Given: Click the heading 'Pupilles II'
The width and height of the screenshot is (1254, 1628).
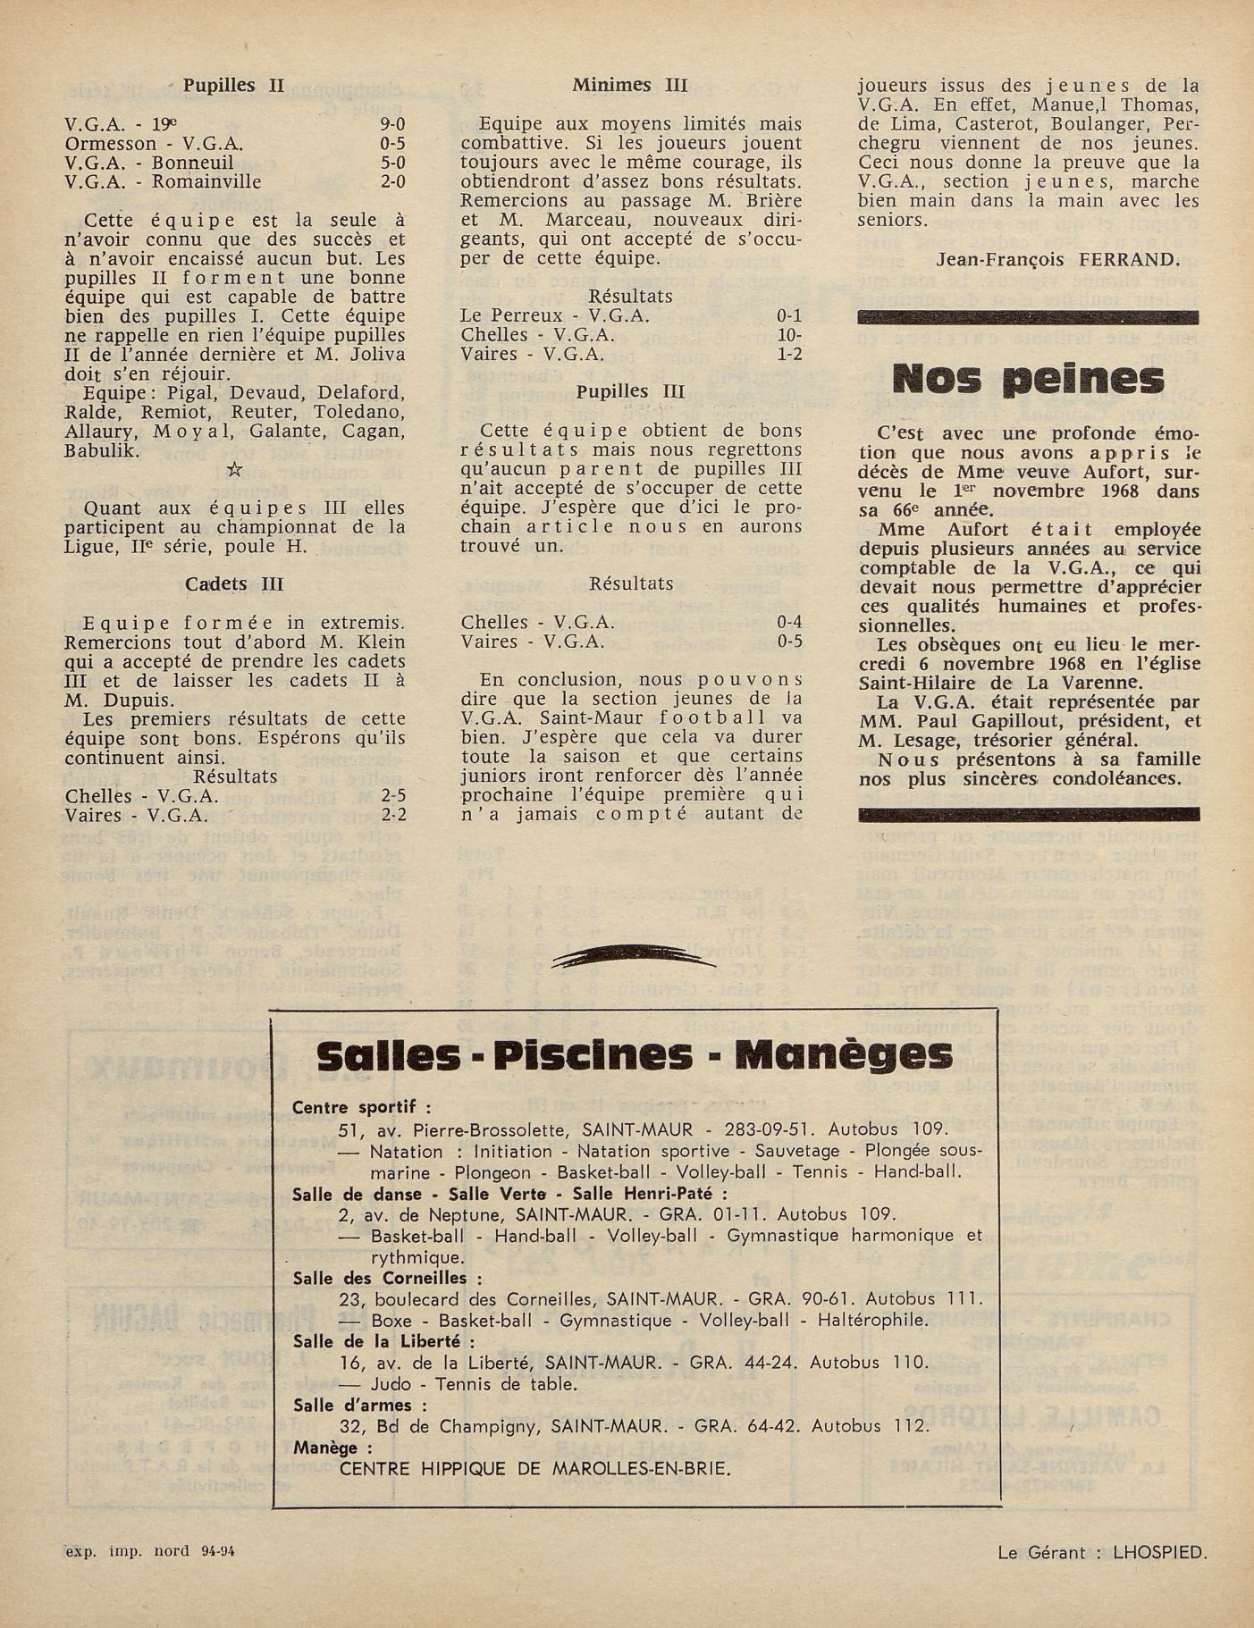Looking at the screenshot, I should (x=233, y=86).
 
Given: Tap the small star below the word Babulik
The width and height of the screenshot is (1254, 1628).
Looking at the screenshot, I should (x=235, y=469).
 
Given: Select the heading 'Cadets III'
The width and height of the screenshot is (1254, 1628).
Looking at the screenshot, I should (x=234, y=583).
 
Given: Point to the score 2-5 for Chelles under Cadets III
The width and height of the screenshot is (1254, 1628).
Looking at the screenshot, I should (x=393, y=796).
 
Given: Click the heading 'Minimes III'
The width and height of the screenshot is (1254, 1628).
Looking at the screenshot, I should (x=630, y=86).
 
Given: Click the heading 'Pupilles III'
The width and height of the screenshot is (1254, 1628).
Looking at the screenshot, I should (x=630, y=391).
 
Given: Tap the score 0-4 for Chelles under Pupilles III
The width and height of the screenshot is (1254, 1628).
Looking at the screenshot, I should (x=789, y=622).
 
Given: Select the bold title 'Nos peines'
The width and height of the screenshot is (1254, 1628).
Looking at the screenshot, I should (x=1028, y=380).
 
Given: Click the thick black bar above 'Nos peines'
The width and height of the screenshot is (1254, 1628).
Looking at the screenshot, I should (x=1028, y=316).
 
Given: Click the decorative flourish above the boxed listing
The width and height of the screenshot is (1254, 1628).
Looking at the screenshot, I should (x=634, y=959).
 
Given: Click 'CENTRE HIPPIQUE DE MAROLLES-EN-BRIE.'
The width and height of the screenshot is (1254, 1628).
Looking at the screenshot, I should (x=535, y=1468).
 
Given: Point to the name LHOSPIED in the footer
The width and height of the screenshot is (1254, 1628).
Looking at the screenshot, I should (x=1159, y=1553).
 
